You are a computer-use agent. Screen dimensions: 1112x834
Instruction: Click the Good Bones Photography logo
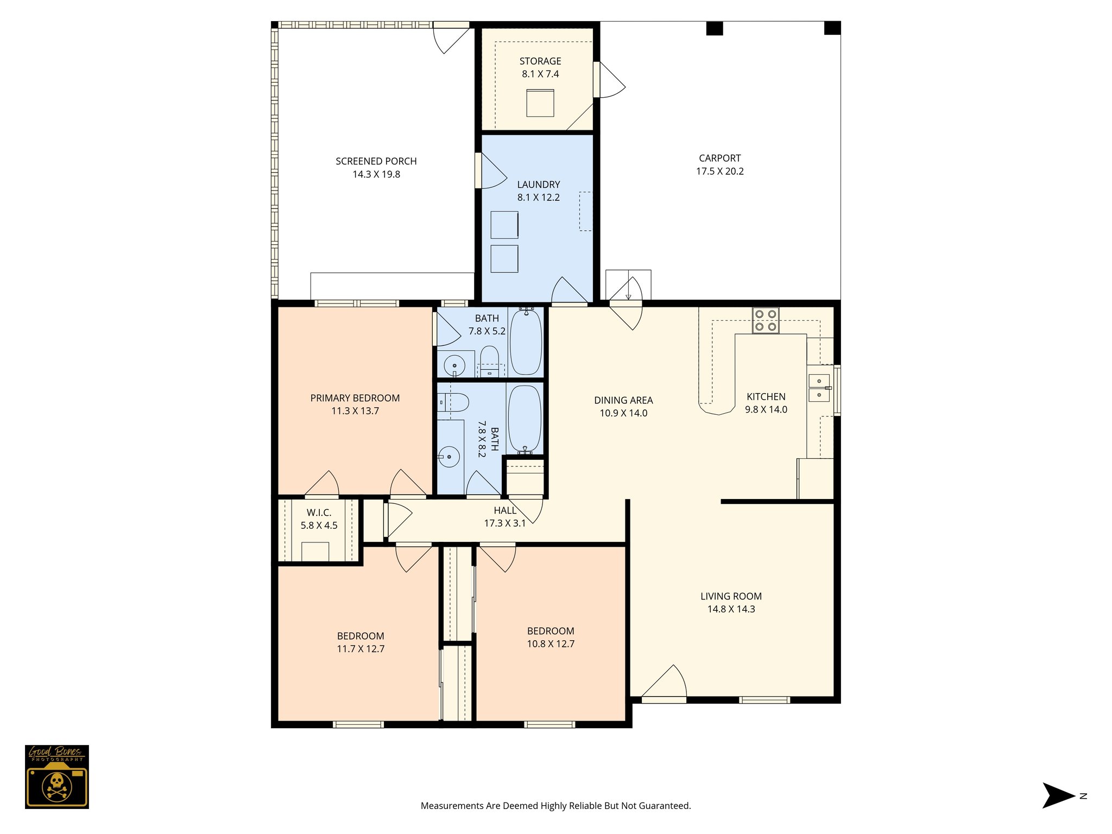click(x=57, y=776)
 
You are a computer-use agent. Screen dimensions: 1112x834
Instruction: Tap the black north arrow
click(x=1058, y=796)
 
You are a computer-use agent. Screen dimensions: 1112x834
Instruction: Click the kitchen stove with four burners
click(x=766, y=320)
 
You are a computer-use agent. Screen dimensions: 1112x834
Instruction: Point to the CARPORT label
click(x=720, y=158)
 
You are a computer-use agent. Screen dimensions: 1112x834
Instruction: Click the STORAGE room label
click(x=540, y=61)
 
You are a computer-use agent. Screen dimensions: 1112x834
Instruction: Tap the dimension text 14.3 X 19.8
click(x=376, y=174)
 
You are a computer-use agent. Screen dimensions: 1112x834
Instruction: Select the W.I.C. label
click(x=319, y=513)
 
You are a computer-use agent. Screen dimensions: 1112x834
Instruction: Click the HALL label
click(x=505, y=510)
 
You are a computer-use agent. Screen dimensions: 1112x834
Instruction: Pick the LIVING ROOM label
click(x=731, y=596)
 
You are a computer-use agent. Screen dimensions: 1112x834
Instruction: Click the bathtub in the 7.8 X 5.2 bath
click(x=526, y=341)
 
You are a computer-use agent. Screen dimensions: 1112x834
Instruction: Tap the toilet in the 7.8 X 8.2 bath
click(x=453, y=403)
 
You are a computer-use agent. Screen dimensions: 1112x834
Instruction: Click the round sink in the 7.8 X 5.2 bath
click(x=454, y=365)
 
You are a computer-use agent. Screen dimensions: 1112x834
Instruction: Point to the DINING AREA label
click(x=623, y=400)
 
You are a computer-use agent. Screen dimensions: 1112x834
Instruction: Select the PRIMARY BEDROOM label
click(x=355, y=398)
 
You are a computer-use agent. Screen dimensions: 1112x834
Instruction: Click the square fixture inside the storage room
click(x=540, y=103)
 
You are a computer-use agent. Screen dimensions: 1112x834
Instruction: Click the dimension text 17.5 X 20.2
click(x=720, y=171)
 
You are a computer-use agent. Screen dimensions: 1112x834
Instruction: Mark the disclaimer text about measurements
click(x=556, y=806)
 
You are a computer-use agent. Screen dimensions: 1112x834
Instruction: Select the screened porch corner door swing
click(x=451, y=40)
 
